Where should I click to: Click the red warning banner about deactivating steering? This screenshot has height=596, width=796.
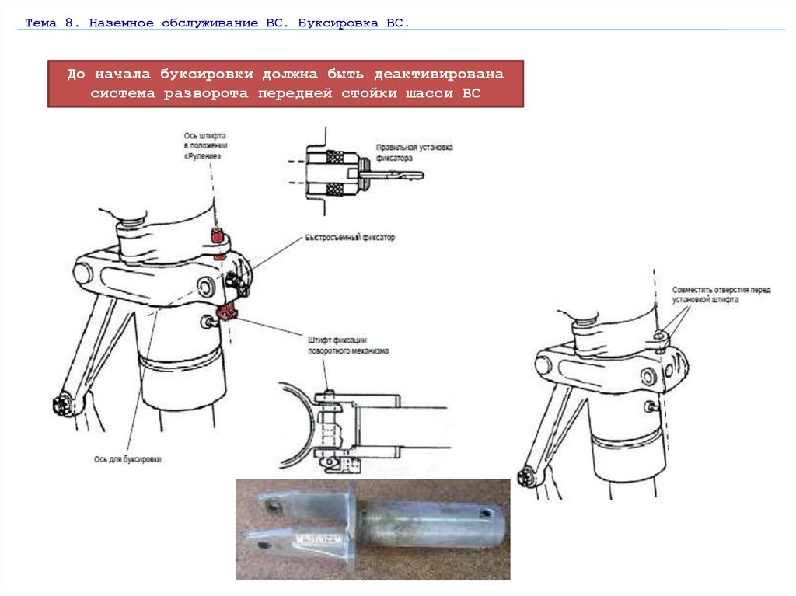coord(285,83)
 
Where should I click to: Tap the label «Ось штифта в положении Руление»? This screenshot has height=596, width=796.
coord(203,145)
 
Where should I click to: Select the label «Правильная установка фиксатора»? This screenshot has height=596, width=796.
coord(414,152)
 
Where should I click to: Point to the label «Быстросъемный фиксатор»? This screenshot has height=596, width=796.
coord(350,237)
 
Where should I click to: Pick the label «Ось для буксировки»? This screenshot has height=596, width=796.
coord(127,460)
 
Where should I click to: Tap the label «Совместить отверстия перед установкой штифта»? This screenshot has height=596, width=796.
coord(721,294)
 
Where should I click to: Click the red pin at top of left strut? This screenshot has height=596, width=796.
coord(219,235)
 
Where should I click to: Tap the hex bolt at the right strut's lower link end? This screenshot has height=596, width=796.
coord(525,476)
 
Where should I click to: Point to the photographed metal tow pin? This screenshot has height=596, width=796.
coord(373,528)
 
